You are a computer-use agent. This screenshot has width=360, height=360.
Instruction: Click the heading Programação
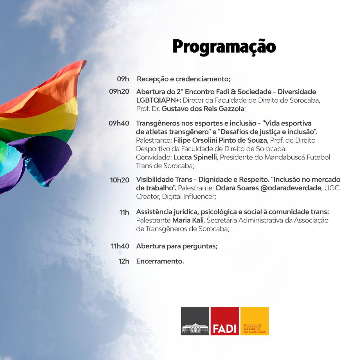224,46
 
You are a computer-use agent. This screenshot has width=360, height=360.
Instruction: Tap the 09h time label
123,79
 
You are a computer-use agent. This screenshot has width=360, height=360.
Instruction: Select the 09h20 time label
119,91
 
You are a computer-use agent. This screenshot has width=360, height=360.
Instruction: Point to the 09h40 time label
119,123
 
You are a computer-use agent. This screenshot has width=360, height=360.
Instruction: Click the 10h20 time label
120,180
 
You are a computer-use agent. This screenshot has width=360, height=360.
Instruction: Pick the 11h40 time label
120,246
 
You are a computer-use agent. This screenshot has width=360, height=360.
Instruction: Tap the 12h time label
123,261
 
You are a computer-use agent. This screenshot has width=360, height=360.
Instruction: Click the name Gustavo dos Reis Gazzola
203,109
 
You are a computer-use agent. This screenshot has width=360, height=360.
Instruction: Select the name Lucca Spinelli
195,157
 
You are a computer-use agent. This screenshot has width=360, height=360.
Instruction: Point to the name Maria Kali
188,220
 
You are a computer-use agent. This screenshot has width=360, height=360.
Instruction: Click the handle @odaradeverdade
291,188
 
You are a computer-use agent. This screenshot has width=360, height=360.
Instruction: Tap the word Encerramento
160,261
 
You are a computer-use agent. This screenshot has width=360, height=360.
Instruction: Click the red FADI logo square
225,321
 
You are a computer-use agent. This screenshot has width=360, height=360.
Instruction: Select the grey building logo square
195,321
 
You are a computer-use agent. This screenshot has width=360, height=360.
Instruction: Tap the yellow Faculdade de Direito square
255,321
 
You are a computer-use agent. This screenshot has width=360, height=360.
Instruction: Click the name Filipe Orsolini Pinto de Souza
220,140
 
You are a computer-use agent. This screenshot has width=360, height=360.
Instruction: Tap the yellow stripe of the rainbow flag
42,115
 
